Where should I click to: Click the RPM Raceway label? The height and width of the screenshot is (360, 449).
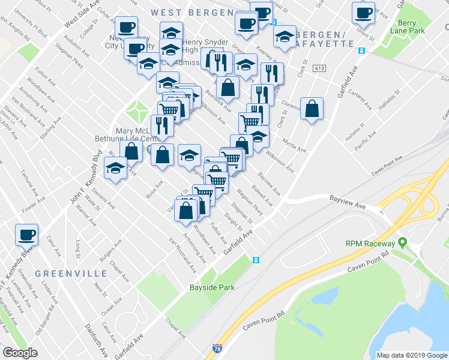pyautogui.click(x=370, y=244)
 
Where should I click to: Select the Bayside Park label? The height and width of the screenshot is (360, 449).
pyautogui.click(x=212, y=287)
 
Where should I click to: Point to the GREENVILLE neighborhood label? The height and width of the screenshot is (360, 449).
pyautogui.click(x=71, y=273)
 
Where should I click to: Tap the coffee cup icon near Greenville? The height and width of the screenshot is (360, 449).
pyautogui.click(x=26, y=233)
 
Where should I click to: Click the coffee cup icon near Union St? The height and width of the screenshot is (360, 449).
pyautogui.click(x=363, y=12)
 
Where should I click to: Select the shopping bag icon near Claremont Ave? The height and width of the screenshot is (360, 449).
pyautogui.click(x=312, y=109)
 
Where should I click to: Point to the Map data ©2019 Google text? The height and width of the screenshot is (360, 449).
pyautogui.click(x=412, y=355)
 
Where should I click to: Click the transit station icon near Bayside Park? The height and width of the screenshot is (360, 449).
pyautogui.click(x=255, y=260)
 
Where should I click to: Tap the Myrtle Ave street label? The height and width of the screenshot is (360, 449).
pyautogui.click(x=294, y=146)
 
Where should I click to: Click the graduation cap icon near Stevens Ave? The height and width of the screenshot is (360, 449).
pyautogui.click(x=116, y=169)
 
